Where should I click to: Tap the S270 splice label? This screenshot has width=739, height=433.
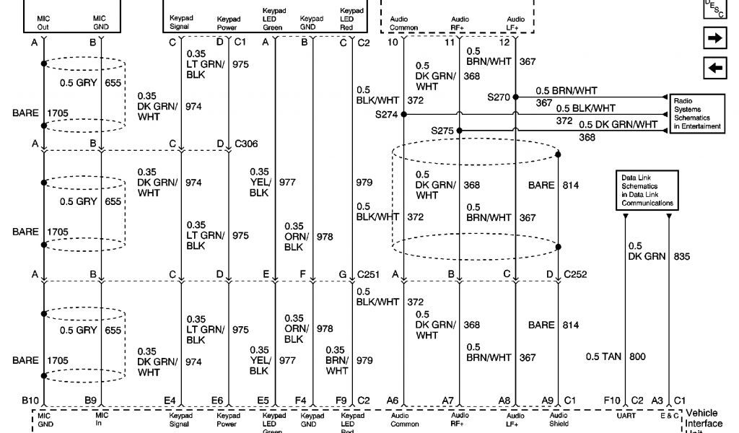pos(499,97)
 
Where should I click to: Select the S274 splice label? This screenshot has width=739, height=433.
pos(387,114)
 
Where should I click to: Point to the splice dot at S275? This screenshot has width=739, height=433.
pos(459,131)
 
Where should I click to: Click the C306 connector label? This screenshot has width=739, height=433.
pos(246,144)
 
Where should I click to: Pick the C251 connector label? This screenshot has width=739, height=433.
pos(369,274)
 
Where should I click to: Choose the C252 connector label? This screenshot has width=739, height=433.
pos(576,274)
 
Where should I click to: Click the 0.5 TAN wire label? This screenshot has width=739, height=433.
pos(601,357)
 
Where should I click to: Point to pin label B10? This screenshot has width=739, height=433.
pos(30,399)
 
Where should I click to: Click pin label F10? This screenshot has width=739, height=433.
pos(612,399)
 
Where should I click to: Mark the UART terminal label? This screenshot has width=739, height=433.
pos(626,416)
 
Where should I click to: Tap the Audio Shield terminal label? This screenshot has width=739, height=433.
pos(559,420)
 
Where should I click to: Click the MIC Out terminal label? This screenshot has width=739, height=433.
pos(43,22)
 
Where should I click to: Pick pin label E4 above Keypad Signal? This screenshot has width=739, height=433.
pos(170,399)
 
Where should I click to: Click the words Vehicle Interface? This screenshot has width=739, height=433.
pos(701,419)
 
